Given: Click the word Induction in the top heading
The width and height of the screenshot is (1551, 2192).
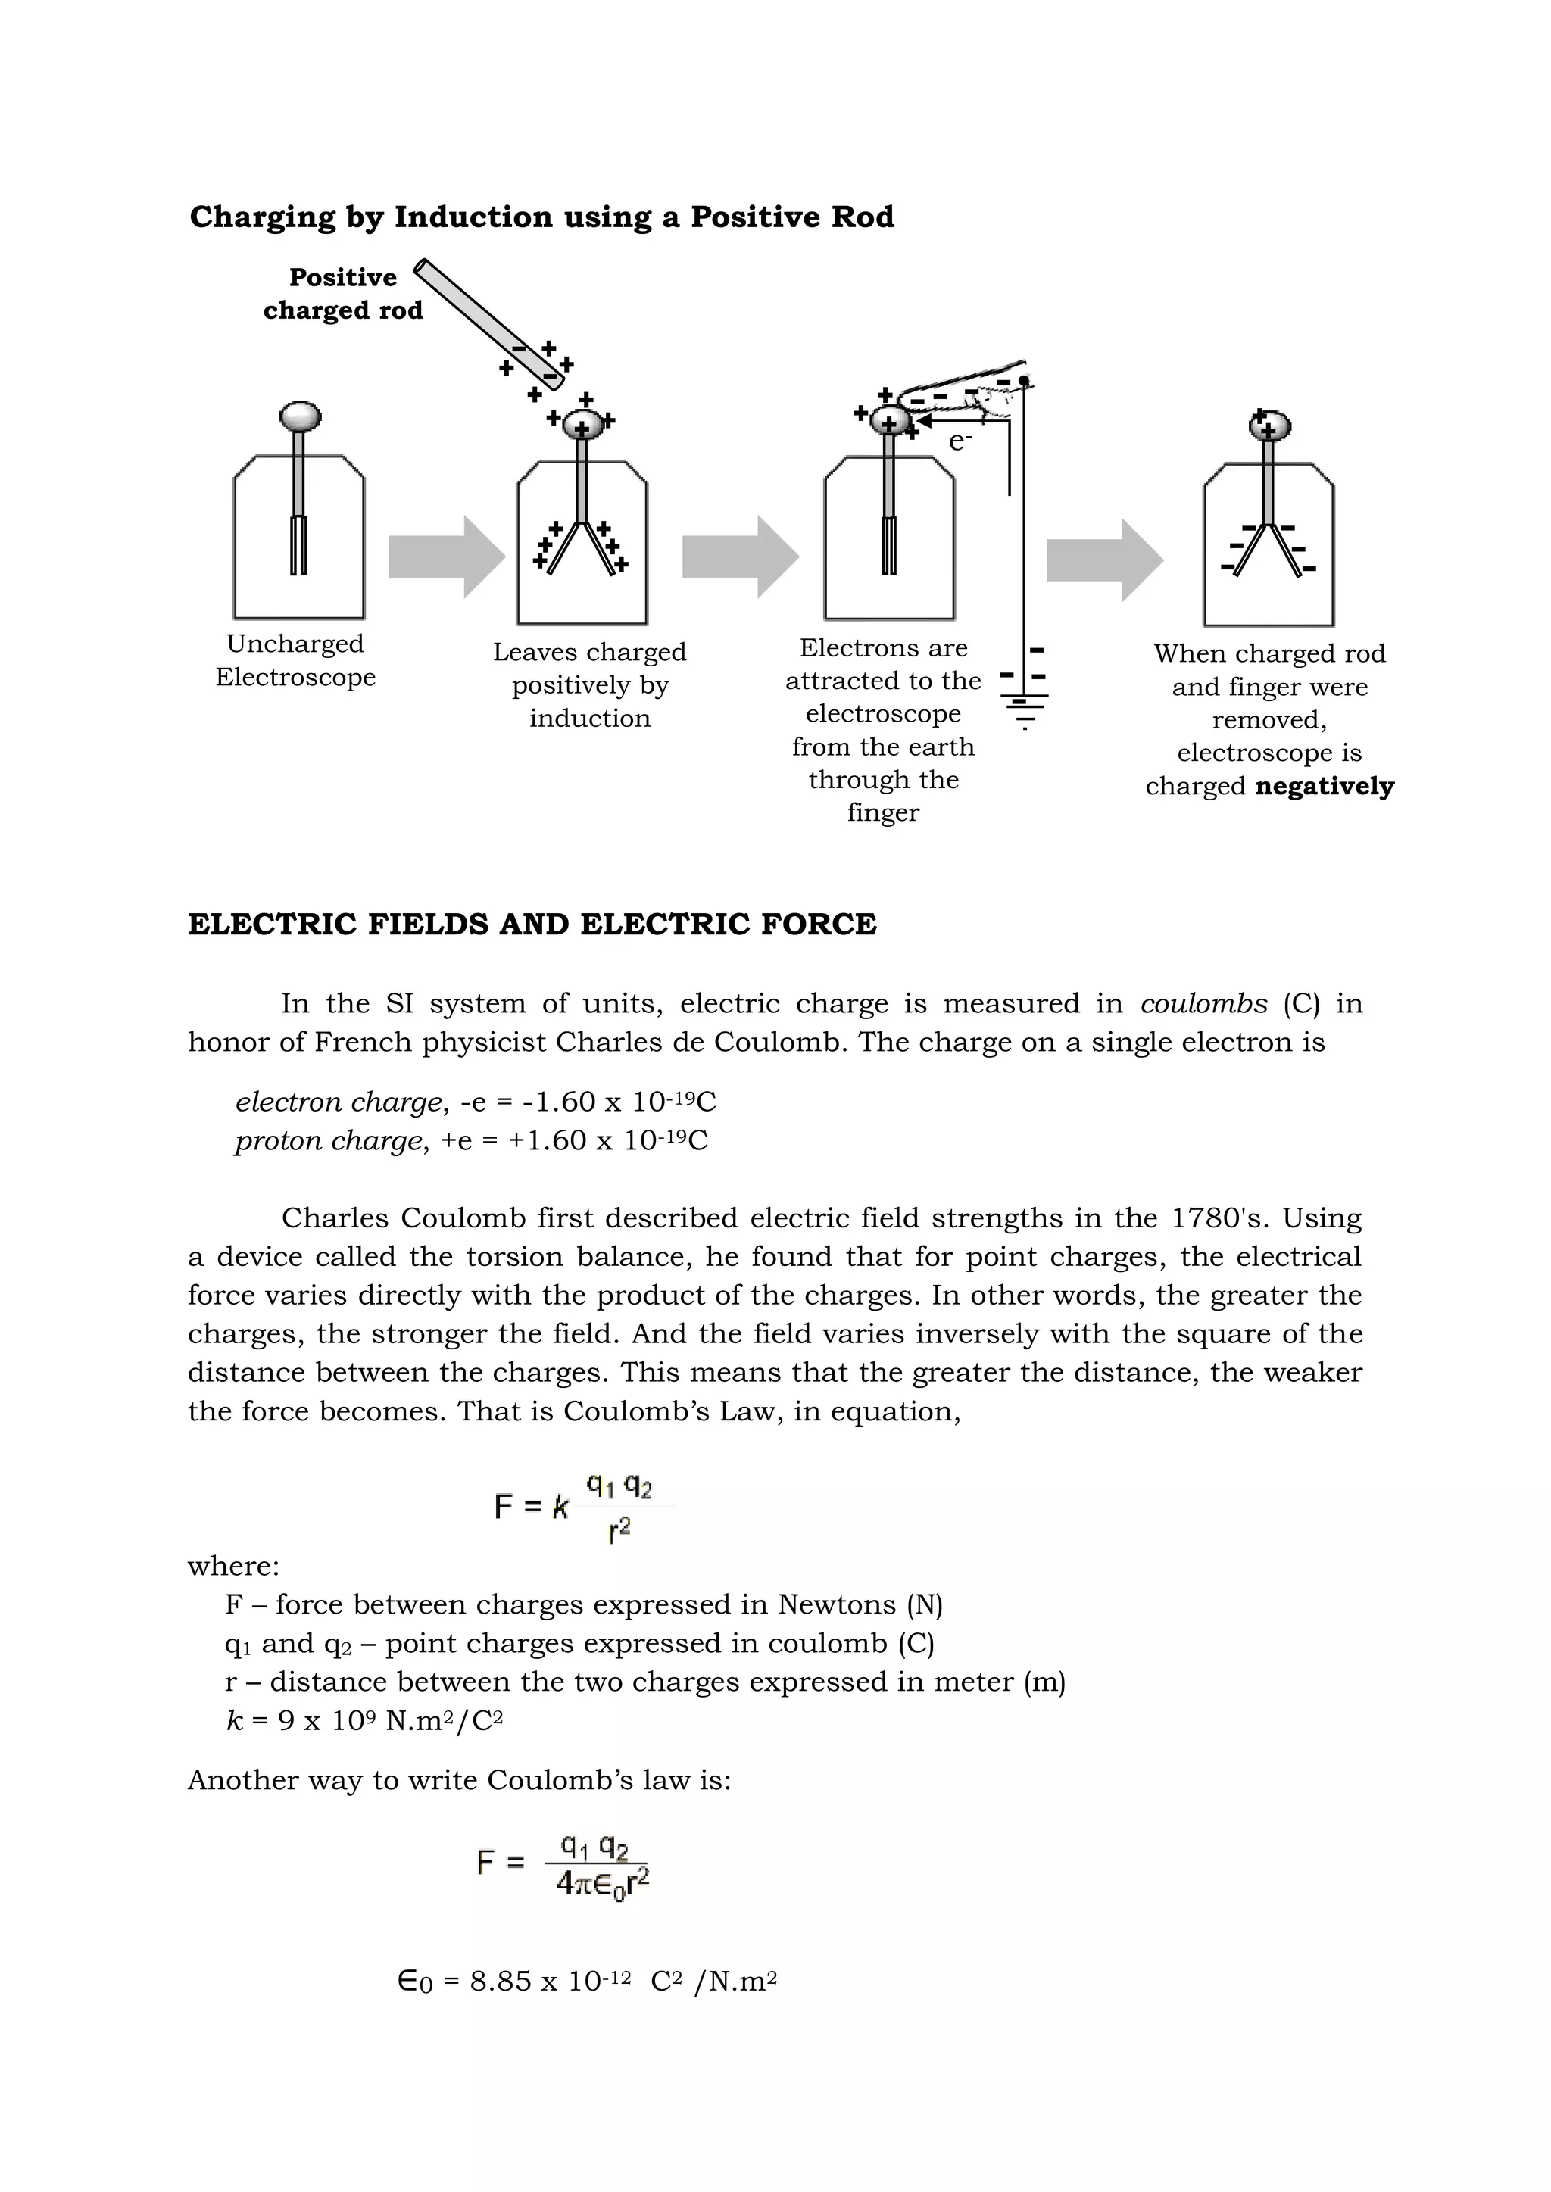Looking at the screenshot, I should [473, 217].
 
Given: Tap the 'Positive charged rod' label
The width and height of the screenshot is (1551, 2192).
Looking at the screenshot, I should [343, 294].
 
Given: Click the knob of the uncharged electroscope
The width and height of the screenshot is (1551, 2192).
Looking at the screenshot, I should [300, 417].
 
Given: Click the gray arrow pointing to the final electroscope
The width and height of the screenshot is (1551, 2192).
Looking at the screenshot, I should [1104, 560].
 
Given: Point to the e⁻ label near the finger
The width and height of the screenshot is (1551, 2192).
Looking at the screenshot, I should [959, 441].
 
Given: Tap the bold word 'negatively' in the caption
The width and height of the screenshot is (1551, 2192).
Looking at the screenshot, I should [1324, 787].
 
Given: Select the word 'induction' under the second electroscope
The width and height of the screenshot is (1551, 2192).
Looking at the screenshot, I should [589, 719].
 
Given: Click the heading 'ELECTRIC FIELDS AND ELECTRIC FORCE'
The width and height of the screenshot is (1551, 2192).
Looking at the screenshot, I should [532, 925].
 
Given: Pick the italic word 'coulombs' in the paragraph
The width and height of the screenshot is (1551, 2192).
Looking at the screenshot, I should [1203, 1003].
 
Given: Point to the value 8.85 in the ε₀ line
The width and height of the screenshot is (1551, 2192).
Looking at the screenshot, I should [501, 1982].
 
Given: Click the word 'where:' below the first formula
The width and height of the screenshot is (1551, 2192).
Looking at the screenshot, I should [233, 1567].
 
